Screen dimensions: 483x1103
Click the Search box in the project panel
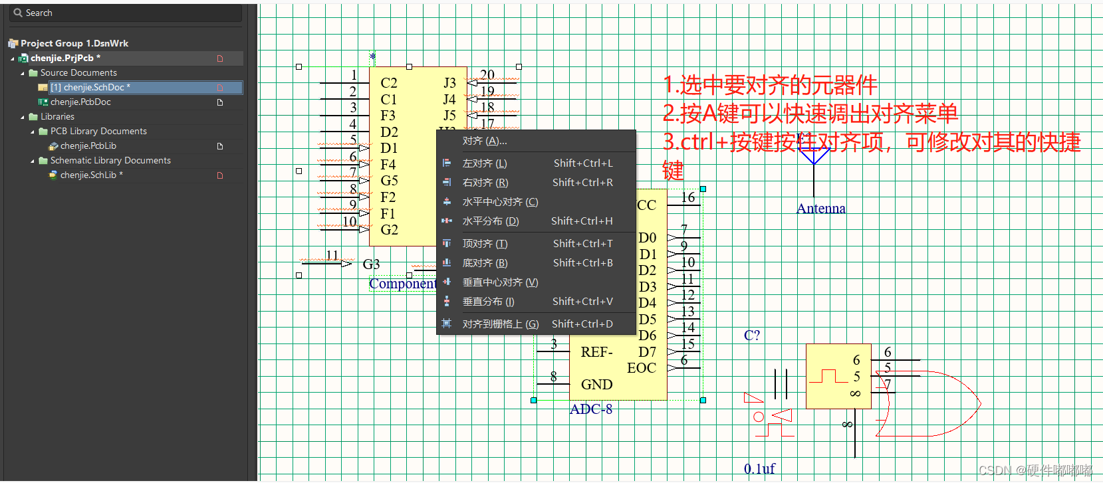(126, 13)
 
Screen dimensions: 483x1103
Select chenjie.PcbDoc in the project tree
(80, 102)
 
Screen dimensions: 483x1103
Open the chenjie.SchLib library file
(88, 175)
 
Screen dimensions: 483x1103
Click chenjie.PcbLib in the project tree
(88, 146)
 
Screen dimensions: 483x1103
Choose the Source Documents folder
(78, 73)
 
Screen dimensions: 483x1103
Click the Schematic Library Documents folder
(110, 161)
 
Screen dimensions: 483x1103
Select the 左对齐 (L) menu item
(485, 163)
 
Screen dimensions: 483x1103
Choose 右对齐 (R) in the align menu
(485, 183)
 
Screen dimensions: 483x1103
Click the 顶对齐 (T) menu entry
(485, 244)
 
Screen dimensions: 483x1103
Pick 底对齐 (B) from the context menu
(485, 263)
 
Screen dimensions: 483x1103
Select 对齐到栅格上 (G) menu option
(500, 324)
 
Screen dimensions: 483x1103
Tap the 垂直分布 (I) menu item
(489, 302)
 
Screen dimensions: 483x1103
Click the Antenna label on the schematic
(821, 209)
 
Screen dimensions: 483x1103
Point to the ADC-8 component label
(591, 409)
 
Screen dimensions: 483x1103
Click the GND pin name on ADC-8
(596, 385)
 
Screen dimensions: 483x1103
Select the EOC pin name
(642, 368)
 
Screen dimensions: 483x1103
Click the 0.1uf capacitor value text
(759, 469)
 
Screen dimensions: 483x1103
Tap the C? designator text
(751, 336)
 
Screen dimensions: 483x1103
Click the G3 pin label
(371, 264)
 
